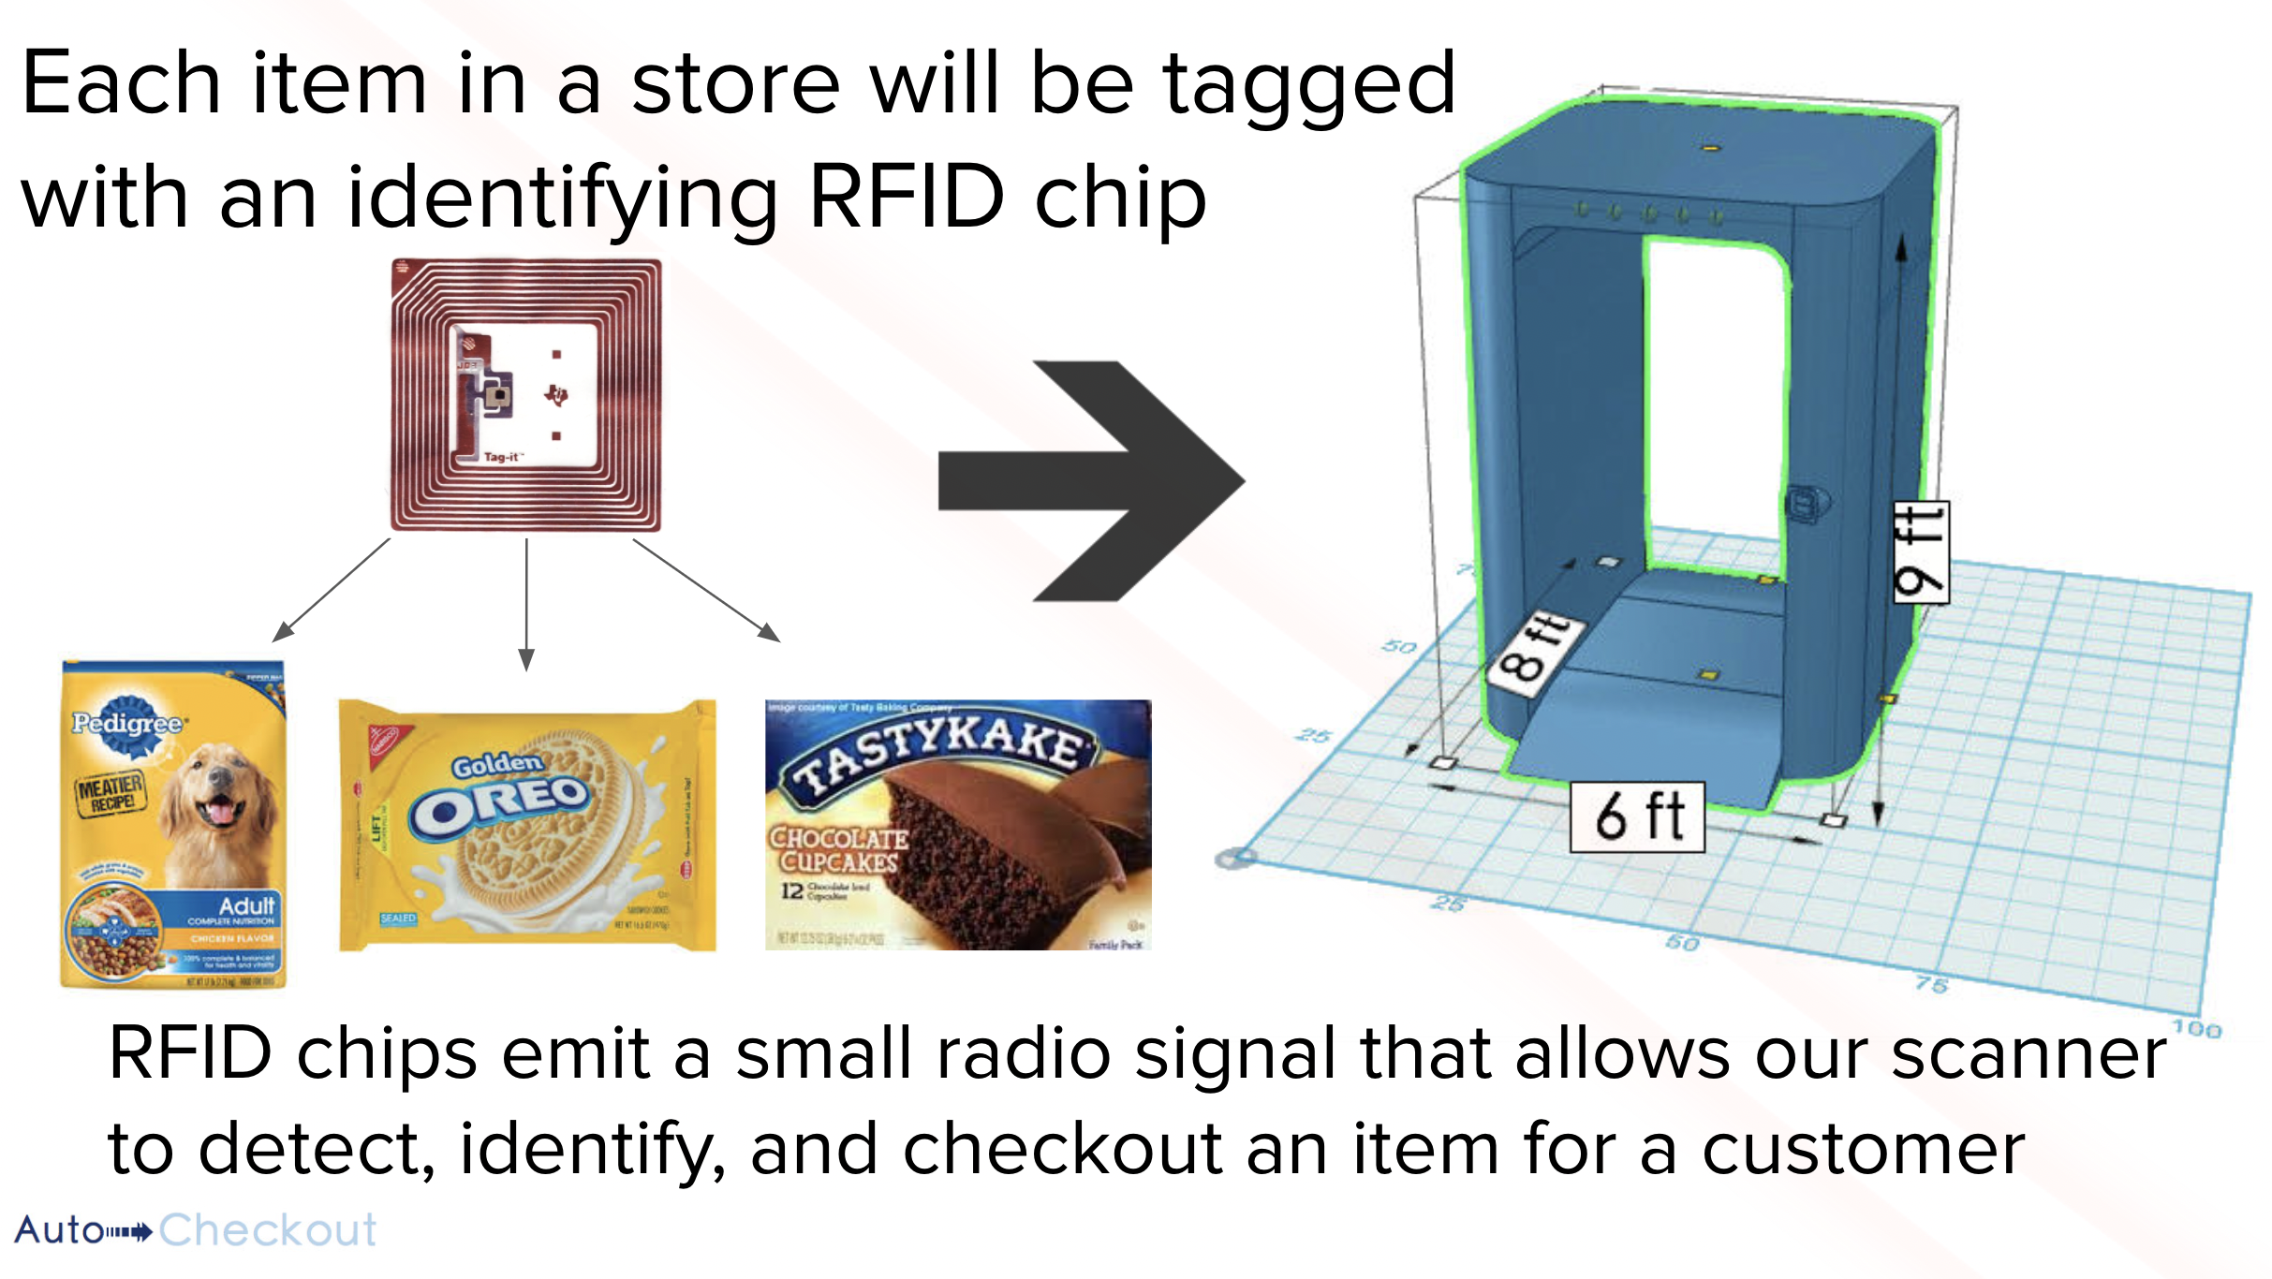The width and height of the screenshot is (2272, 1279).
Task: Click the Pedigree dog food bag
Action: [172, 824]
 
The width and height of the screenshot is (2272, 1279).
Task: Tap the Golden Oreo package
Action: [527, 825]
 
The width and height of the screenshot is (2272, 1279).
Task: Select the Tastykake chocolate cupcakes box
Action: [957, 825]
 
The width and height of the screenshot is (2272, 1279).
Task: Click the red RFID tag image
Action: [526, 395]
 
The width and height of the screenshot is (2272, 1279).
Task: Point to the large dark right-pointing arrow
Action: [1091, 480]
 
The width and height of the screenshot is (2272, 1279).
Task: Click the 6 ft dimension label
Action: [1637, 816]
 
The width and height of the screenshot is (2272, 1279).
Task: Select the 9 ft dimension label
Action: [1921, 552]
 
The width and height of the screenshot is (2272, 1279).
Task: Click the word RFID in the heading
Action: [906, 198]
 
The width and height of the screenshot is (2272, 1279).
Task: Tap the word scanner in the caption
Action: [2029, 1053]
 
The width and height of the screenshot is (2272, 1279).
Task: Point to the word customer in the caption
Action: [1864, 1149]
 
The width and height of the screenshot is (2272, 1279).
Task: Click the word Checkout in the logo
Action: [268, 1230]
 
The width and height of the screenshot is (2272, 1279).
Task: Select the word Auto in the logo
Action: [59, 1230]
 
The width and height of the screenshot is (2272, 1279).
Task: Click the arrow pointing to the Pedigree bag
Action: [330, 591]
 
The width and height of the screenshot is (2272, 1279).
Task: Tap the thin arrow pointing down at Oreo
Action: [526, 604]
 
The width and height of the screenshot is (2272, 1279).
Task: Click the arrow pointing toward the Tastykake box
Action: [706, 590]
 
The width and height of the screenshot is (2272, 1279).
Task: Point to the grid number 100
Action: [2196, 1029]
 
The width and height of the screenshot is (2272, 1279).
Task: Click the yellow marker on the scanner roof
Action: [1710, 148]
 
